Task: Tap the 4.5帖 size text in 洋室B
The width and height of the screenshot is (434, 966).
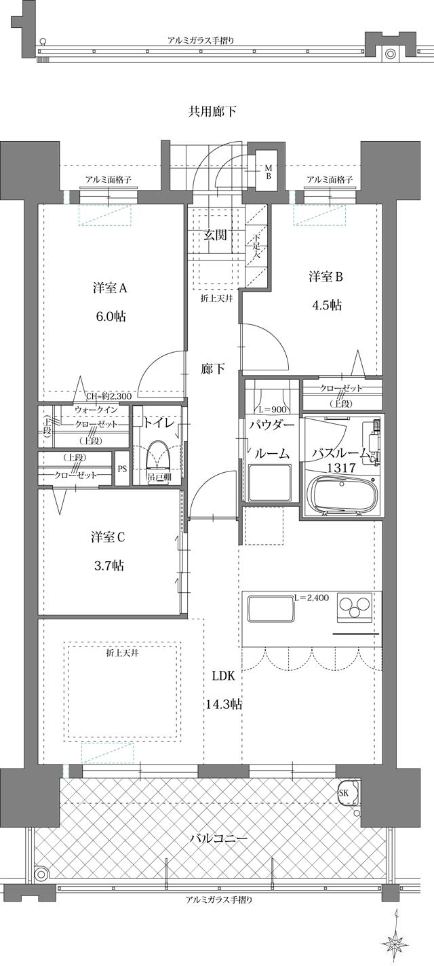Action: click(x=325, y=305)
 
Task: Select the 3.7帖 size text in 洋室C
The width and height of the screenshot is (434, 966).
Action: click(x=108, y=566)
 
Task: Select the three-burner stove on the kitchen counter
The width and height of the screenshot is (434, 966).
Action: click(x=354, y=606)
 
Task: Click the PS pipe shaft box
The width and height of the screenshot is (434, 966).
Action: click(x=122, y=468)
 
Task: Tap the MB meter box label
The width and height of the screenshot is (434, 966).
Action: click(x=268, y=172)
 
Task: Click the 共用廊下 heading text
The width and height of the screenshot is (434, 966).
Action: click(x=212, y=111)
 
